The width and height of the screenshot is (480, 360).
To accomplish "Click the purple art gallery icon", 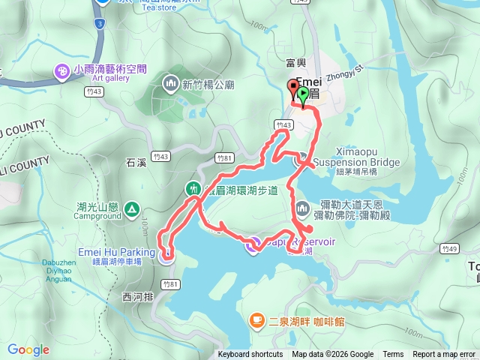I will coord(62,71).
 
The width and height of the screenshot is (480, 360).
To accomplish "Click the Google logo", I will coord(28,349).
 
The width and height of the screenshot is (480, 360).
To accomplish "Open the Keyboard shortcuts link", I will coord(250,355).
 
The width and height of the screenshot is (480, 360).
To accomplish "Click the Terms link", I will coord(393,355).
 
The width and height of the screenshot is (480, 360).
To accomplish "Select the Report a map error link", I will coord(445,355).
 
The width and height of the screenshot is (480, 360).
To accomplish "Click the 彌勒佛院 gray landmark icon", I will coord(301,207).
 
